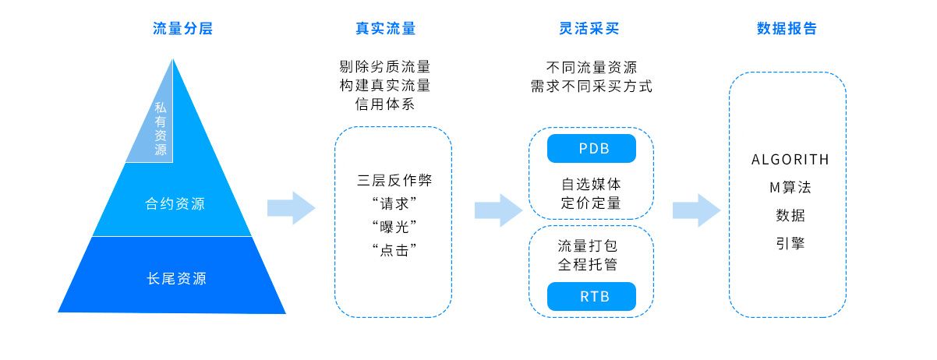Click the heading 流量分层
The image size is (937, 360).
(x=182, y=30)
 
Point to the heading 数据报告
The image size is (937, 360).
(x=787, y=30)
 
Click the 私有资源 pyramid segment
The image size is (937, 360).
(x=160, y=129)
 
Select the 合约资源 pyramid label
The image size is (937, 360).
(x=175, y=204)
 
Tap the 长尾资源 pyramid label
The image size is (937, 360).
(x=176, y=278)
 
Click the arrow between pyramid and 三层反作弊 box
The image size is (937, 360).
(x=291, y=208)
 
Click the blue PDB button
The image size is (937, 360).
(x=592, y=149)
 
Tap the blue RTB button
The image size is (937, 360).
(x=592, y=297)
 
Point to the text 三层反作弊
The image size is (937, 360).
(x=394, y=181)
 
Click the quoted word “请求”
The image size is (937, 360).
(x=393, y=204)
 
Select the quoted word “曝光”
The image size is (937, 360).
(x=393, y=227)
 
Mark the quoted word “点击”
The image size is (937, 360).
(x=393, y=249)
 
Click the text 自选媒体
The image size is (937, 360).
(x=591, y=185)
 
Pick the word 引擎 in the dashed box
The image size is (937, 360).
(x=790, y=243)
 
